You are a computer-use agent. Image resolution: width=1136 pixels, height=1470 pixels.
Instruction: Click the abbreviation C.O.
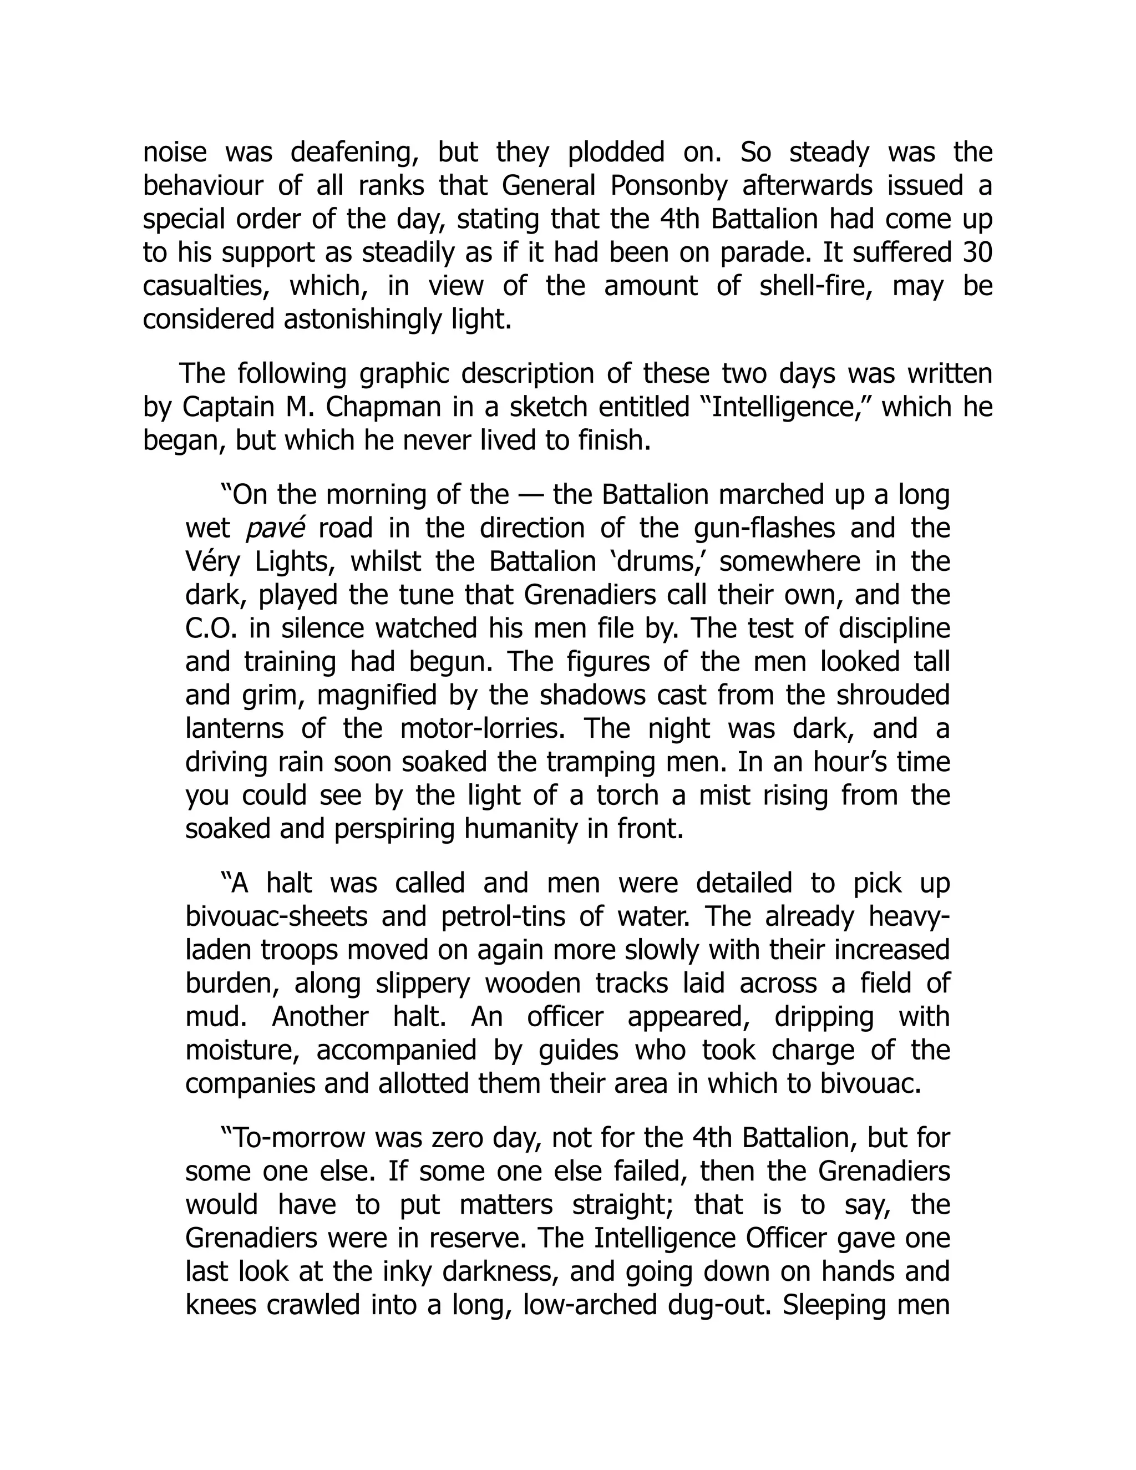click(x=209, y=628)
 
